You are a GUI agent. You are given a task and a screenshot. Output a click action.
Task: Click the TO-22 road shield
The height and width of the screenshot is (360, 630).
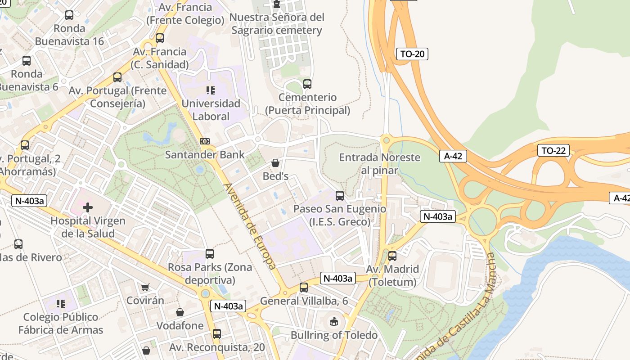(x=553, y=150)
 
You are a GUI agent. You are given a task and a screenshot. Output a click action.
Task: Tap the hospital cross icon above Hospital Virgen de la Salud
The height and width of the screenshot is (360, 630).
(x=88, y=207)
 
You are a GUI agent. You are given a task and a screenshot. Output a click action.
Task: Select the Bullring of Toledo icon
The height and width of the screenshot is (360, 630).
(x=333, y=321)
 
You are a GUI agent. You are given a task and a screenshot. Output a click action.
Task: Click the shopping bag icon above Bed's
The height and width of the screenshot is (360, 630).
(x=275, y=163)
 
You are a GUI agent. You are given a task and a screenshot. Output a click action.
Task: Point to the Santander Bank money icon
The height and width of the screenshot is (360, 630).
(x=205, y=141)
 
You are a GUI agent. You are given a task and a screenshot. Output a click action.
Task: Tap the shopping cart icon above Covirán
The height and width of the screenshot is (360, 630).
(x=145, y=287)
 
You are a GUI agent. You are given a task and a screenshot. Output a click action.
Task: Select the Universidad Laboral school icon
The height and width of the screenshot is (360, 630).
(x=210, y=90)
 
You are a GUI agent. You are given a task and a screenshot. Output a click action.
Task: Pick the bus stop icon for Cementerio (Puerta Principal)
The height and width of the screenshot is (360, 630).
(x=307, y=84)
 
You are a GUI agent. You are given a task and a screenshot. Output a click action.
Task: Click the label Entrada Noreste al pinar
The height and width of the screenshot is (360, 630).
(x=379, y=164)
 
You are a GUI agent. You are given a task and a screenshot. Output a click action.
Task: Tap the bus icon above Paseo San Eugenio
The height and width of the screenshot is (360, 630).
(x=340, y=196)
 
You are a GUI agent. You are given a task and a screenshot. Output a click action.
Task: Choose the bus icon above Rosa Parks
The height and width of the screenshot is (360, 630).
(x=210, y=254)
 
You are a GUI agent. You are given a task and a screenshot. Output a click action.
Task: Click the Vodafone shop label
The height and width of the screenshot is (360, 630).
(x=180, y=325)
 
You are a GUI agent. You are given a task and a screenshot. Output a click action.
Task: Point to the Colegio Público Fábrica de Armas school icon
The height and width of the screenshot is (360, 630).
(x=61, y=304)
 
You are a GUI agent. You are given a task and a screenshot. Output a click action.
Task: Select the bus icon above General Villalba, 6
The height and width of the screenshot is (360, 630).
(x=304, y=288)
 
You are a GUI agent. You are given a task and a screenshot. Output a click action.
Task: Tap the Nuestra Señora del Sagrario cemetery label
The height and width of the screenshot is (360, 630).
(x=277, y=24)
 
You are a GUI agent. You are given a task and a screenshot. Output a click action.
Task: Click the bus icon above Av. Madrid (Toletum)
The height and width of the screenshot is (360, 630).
(x=392, y=256)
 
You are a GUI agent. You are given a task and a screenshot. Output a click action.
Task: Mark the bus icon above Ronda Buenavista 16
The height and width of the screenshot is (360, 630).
(x=69, y=15)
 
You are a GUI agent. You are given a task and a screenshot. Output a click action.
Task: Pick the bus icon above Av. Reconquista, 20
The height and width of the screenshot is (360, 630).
(x=217, y=334)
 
